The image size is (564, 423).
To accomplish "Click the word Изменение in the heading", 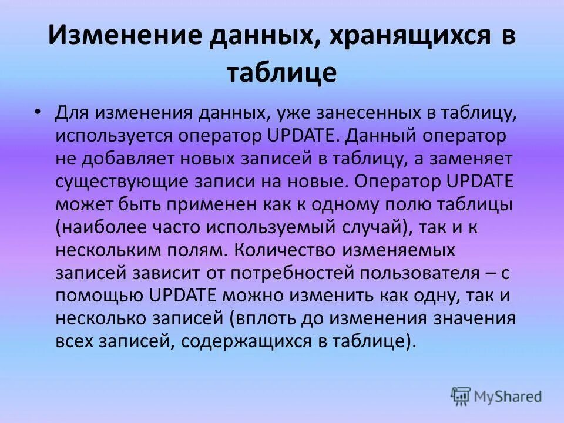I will pos(120,36).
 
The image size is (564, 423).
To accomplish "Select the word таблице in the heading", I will pos(281,73).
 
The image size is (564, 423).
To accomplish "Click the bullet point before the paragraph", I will pos(38,112).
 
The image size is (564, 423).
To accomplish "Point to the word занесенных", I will pos(340,113).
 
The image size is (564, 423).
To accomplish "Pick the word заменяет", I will pos(471,158).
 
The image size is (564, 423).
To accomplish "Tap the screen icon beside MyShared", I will pos(461,396).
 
